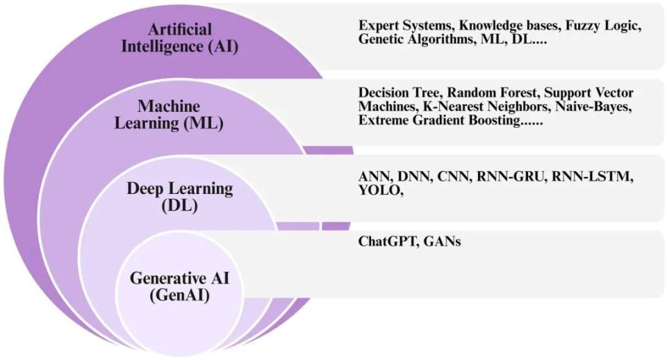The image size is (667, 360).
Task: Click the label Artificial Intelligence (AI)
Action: pyautogui.click(x=179, y=38)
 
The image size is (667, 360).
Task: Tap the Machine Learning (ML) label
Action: pyautogui.click(x=169, y=115)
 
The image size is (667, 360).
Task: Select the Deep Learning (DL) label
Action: pyautogui.click(x=180, y=197)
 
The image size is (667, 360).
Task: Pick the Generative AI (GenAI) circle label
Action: pyautogui.click(x=179, y=286)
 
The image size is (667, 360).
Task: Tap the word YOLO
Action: pyautogui.click(x=379, y=190)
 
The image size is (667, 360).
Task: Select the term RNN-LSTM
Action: pyautogui.click(x=592, y=176)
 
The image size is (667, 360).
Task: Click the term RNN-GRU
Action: pyautogui.click(x=510, y=176)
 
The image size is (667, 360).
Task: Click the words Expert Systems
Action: pyautogui.click(x=406, y=26)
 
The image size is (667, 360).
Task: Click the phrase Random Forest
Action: pyautogui.click(x=492, y=92)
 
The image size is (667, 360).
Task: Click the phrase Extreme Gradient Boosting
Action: pyautogui.click(x=439, y=120)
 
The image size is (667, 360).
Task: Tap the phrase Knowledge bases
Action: pyautogui.click(x=509, y=26)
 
